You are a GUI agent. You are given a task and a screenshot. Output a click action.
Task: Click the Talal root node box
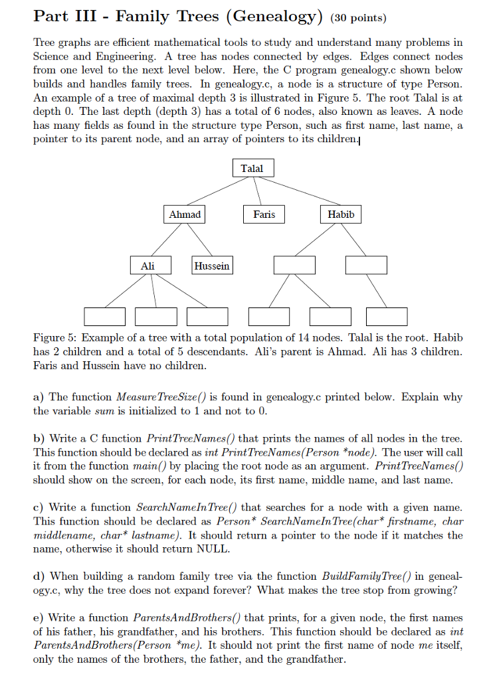[x=252, y=169]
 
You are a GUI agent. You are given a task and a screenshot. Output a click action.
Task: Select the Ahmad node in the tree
[x=185, y=214]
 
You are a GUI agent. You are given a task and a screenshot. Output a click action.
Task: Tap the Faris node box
[x=264, y=214]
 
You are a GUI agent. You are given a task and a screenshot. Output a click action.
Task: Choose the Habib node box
[x=341, y=214]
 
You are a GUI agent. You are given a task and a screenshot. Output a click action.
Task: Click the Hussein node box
[x=212, y=266]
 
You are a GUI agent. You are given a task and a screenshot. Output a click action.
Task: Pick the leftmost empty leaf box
[x=104, y=317]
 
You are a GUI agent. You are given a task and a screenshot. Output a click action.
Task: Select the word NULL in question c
[x=214, y=549]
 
